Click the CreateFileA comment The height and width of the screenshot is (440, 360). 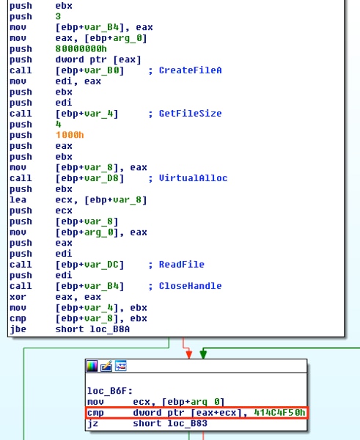[x=190, y=70]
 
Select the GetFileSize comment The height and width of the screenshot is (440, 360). [x=190, y=114]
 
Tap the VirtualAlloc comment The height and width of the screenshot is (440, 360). [x=193, y=178]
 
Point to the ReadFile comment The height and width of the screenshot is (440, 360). [x=182, y=264]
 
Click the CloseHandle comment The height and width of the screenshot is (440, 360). [x=190, y=286]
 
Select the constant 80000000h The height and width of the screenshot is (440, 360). [x=81, y=49]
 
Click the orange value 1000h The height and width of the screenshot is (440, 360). [x=70, y=135]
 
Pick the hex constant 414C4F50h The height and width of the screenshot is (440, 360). [x=279, y=412]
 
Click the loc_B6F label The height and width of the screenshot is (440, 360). [x=110, y=391]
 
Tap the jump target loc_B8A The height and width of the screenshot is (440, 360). [x=110, y=329]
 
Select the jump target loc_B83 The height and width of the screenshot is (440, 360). [x=188, y=423]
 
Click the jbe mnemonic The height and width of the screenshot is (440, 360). [x=18, y=329]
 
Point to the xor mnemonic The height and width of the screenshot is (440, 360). [x=18, y=297]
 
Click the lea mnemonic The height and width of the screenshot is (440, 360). [x=18, y=199]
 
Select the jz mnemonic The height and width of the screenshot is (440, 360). [x=93, y=423]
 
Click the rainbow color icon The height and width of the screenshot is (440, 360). [x=92, y=366]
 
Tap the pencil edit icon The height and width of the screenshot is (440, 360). [x=106, y=366]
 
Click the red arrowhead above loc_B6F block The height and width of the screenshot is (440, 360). [x=189, y=355]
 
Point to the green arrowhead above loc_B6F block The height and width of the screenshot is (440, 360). [x=203, y=355]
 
